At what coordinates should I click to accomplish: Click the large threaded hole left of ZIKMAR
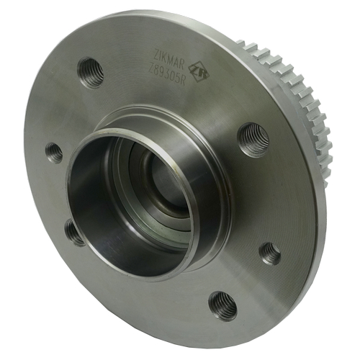(x=90, y=71)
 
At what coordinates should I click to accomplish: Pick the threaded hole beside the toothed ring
(x=253, y=138)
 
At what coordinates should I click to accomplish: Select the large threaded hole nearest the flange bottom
(x=222, y=305)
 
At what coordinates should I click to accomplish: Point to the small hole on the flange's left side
(x=54, y=152)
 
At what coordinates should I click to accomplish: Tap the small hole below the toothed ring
(x=270, y=253)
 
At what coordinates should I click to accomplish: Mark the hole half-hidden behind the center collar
(x=75, y=232)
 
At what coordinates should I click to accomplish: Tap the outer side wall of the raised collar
(x=209, y=209)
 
